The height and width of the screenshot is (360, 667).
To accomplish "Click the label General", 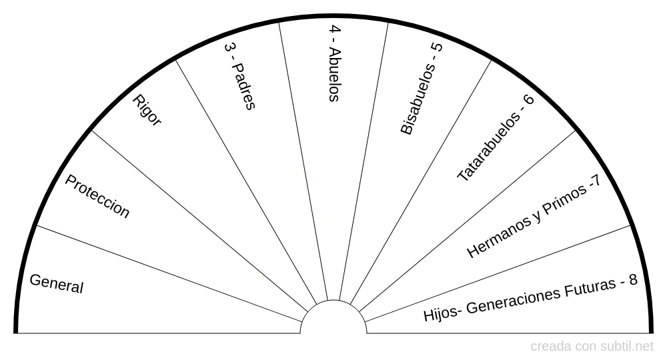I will point(57,283).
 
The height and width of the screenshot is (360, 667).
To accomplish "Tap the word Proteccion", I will point(97,196).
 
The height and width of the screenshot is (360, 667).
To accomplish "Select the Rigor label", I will point(147,110).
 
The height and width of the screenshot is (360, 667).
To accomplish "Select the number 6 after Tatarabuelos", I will point(528,99).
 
